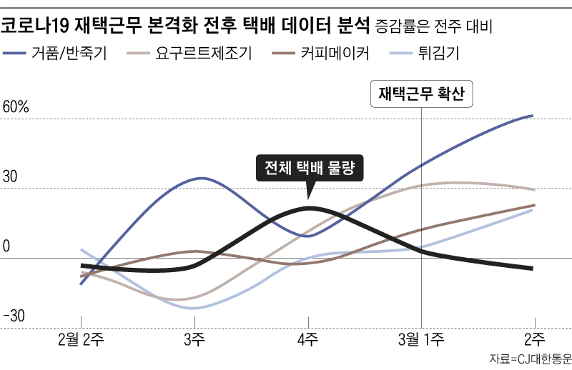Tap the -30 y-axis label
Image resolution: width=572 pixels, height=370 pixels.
(14, 316)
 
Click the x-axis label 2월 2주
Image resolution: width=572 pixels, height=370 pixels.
(80, 338)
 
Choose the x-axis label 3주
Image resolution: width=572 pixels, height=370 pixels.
(194, 338)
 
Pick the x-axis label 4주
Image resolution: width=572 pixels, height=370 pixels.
(308, 338)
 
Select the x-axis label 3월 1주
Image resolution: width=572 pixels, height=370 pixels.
(421, 338)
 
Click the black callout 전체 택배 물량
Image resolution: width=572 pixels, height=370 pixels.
(310, 168)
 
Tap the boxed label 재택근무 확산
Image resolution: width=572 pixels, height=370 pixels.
(422, 94)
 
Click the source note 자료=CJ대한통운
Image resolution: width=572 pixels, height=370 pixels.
(530, 358)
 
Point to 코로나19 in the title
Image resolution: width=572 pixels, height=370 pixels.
(35, 26)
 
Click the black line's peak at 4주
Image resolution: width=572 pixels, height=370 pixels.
(309, 208)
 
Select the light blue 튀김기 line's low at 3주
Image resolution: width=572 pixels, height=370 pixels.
(192, 308)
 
